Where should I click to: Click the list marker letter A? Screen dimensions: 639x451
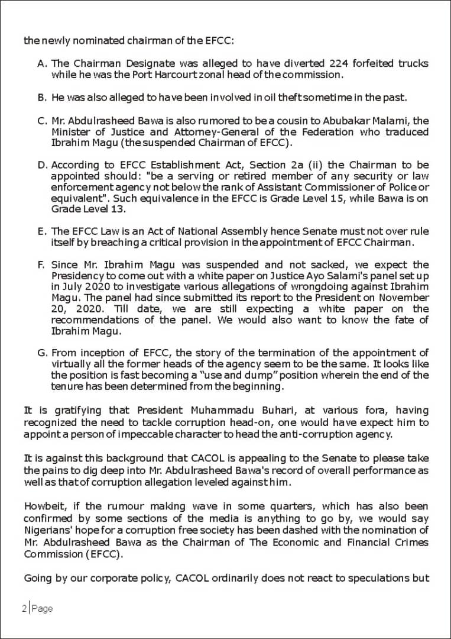pos(41,63)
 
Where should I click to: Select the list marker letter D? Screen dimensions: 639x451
pos(42,164)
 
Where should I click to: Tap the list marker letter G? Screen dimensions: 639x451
pos(42,353)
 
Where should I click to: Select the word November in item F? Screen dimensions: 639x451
pos(405,298)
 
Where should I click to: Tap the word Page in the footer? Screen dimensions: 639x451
pos(43,608)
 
